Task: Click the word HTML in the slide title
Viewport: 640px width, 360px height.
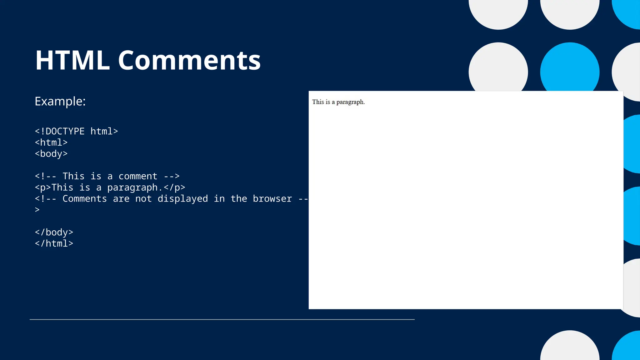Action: click(x=72, y=60)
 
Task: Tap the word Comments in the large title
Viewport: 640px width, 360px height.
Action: click(x=189, y=60)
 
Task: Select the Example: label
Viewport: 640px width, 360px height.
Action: click(x=60, y=101)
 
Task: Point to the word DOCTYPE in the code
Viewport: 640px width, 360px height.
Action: click(x=65, y=131)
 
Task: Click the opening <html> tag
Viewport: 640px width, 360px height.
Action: click(x=51, y=142)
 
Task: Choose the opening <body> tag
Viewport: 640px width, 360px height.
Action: click(x=51, y=154)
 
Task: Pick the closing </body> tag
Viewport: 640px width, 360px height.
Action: click(x=54, y=232)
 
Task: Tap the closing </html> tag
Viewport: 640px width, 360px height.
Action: click(x=54, y=243)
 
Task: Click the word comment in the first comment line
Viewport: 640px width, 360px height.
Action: click(x=138, y=176)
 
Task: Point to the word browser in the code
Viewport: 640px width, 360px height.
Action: click(x=272, y=199)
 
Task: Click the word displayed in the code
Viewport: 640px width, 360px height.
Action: click(x=182, y=199)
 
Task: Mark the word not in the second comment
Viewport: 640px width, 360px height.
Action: click(x=143, y=199)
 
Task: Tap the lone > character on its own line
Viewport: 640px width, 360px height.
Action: click(x=37, y=210)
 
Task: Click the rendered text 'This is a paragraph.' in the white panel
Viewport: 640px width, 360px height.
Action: click(x=338, y=102)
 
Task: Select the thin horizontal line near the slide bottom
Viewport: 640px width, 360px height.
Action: click(x=222, y=319)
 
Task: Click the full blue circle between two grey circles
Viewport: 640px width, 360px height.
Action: click(x=570, y=69)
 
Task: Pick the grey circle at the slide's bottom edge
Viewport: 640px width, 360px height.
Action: click(x=570, y=347)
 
